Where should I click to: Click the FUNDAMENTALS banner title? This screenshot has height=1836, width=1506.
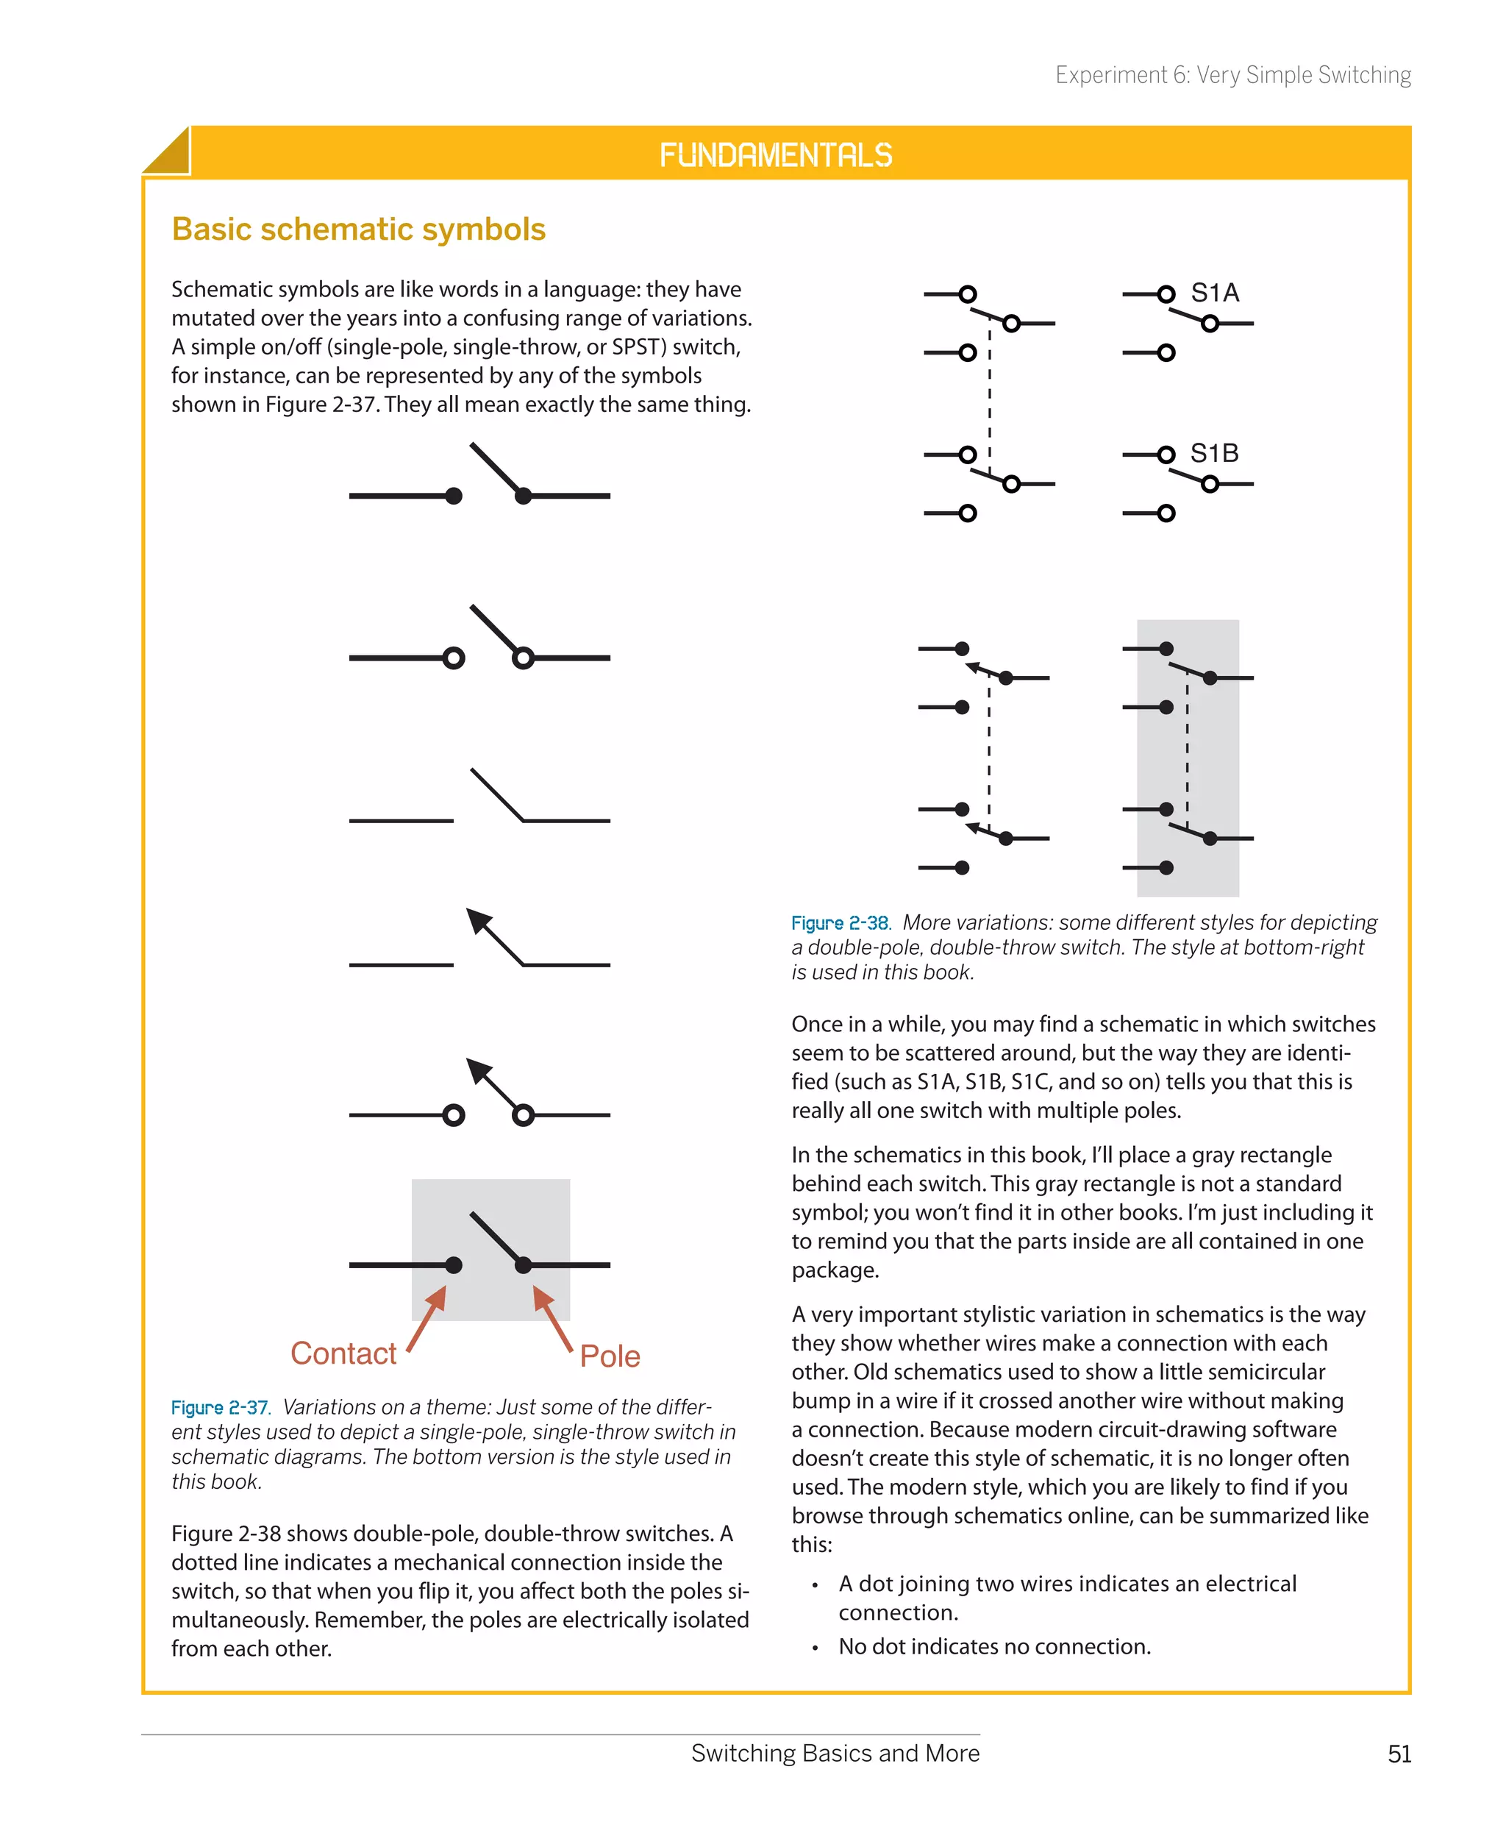coord(776,155)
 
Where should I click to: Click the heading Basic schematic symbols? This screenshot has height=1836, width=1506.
coord(358,229)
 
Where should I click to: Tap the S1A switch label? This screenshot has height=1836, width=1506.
coord(1215,293)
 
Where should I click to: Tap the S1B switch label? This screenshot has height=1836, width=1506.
coord(1213,453)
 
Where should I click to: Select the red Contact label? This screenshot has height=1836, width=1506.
coord(343,1353)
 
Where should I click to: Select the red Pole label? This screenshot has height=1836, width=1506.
coord(610,1356)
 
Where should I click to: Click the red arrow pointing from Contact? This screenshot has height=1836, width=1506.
coord(428,1318)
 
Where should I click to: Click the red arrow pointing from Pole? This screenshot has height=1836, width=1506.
coord(552,1318)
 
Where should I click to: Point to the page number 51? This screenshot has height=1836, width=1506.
coord(1399,1754)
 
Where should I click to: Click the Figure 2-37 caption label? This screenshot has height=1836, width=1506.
coord(219,1407)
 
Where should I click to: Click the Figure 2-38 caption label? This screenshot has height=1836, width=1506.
coord(840,923)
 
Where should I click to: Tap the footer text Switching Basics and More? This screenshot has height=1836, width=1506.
coord(835,1754)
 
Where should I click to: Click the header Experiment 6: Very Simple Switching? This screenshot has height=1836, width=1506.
coord(1232,76)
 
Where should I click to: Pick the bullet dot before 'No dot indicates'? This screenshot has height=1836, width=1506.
coord(815,1648)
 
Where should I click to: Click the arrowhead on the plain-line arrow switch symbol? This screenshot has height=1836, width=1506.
coord(478,919)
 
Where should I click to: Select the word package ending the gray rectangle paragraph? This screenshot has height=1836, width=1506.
coord(835,1270)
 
